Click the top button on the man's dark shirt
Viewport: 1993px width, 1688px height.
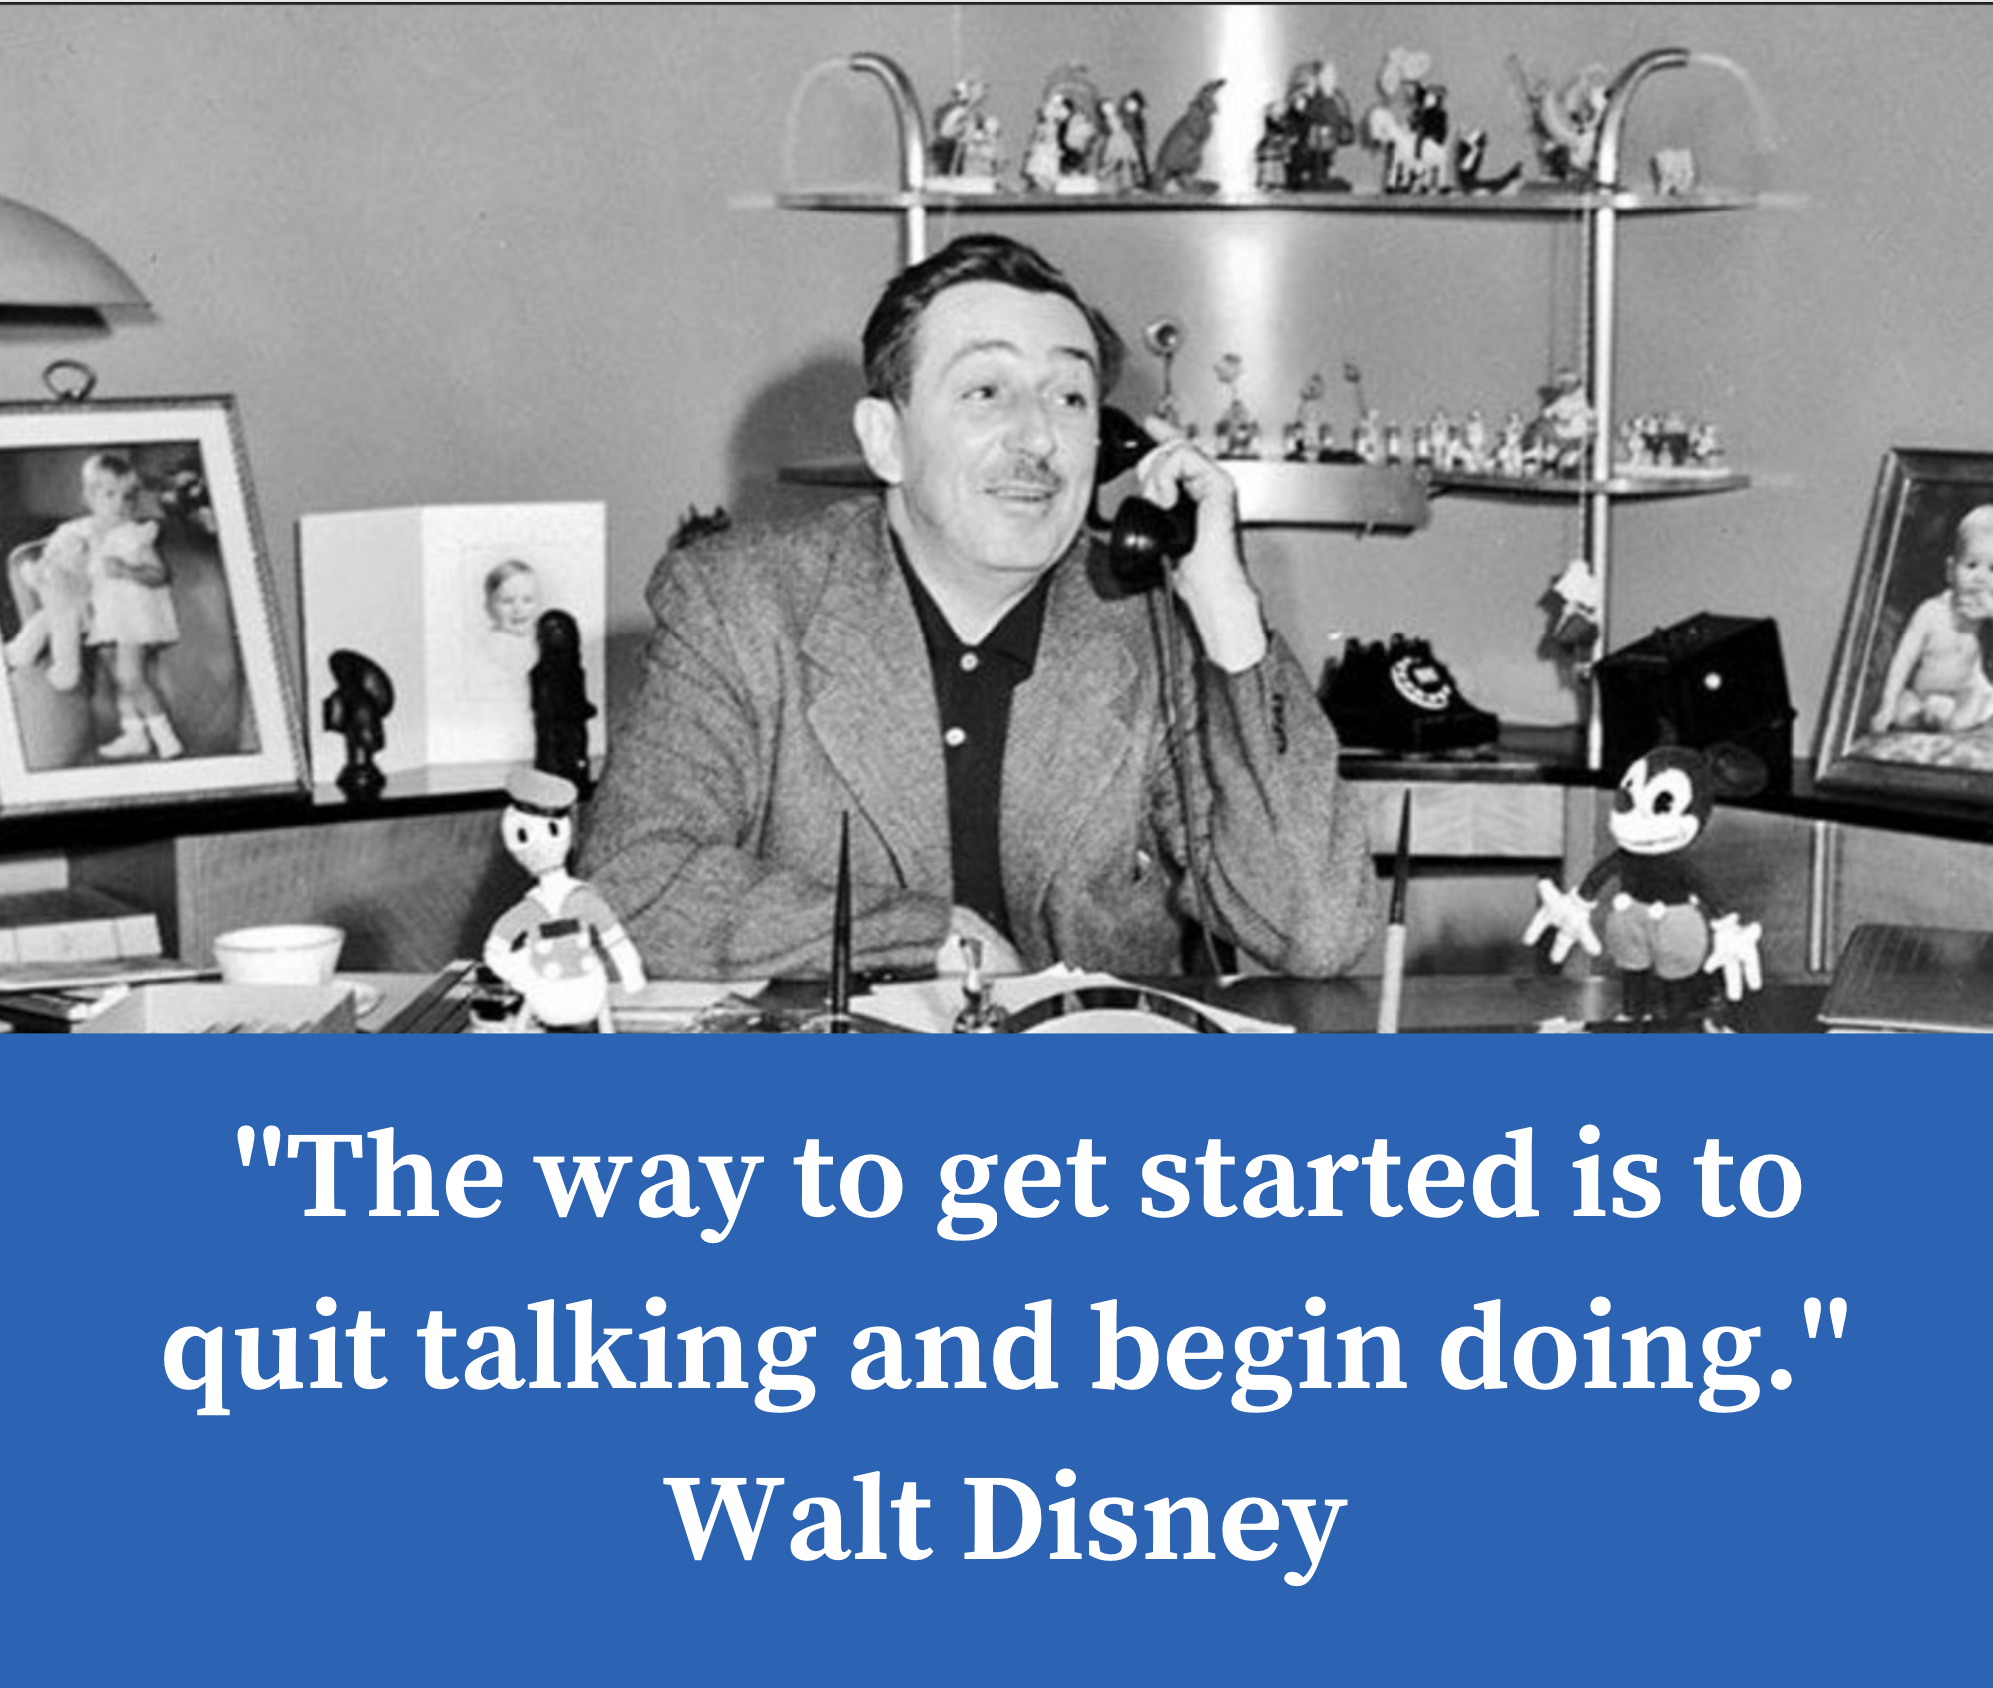click(967, 660)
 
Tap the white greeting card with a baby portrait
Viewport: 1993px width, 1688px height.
click(454, 638)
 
